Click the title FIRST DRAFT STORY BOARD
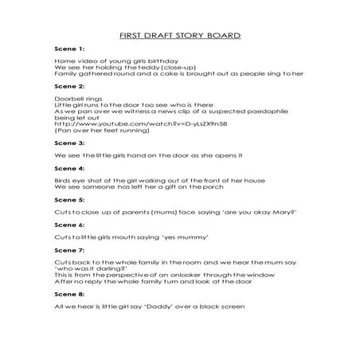[x=179, y=36]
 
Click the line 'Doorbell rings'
[x=79, y=97]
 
